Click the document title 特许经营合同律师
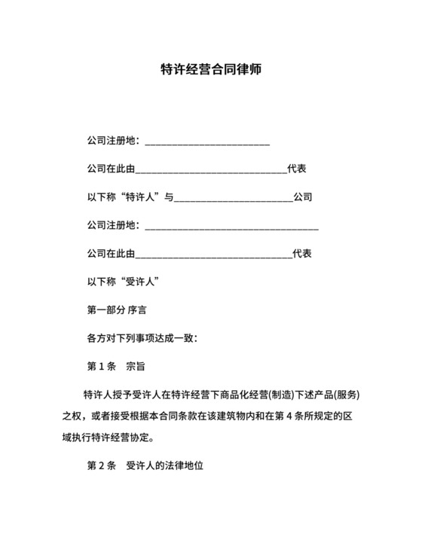[x=211, y=70]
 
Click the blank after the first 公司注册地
[x=206, y=142]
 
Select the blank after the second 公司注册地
[x=231, y=225]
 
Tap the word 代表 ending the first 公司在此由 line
[x=297, y=169]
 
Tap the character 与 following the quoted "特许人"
[x=170, y=197]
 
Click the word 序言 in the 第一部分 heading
[x=137, y=310]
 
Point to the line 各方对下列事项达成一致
[x=142, y=338]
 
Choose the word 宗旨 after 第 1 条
[x=136, y=367]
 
